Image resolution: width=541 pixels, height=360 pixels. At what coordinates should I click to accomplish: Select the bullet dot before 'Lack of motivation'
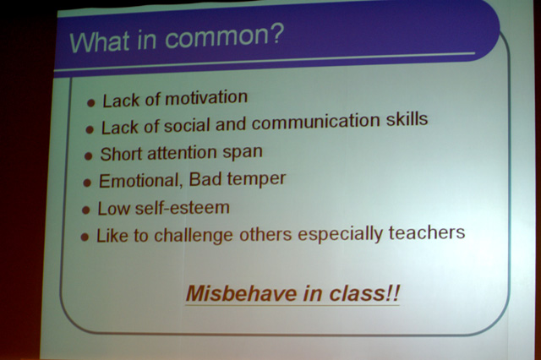click(91, 103)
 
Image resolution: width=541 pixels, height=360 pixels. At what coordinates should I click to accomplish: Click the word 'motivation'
click(206, 97)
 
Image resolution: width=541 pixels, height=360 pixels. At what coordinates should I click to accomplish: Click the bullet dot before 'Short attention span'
click(88, 155)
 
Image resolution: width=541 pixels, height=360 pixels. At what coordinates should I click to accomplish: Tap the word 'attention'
click(183, 153)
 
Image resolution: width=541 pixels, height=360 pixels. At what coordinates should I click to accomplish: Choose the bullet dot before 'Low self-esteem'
click(86, 210)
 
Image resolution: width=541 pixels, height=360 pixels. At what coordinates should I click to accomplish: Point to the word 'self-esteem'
click(183, 208)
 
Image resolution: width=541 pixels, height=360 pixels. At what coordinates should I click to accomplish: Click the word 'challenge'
click(194, 236)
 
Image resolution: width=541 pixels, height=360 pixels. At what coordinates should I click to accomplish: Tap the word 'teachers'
click(427, 232)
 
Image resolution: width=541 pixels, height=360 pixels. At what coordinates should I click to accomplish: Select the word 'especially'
click(341, 234)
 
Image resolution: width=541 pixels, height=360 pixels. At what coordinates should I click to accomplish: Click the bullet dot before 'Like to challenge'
click(85, 237)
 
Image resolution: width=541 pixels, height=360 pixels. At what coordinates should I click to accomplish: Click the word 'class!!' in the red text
click(364, 293)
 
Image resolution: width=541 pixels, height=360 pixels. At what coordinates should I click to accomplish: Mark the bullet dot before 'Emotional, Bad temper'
click(87, 183)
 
